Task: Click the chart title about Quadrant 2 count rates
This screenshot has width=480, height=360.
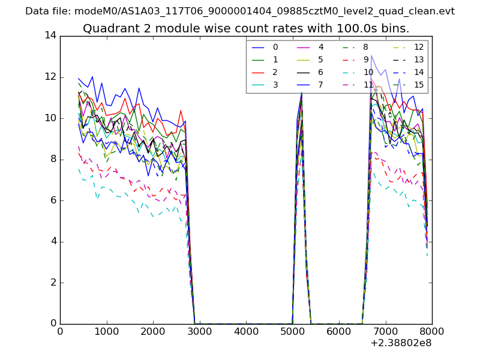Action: (x=246, y=28)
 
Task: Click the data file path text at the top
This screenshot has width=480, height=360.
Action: (x=240, y=11)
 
